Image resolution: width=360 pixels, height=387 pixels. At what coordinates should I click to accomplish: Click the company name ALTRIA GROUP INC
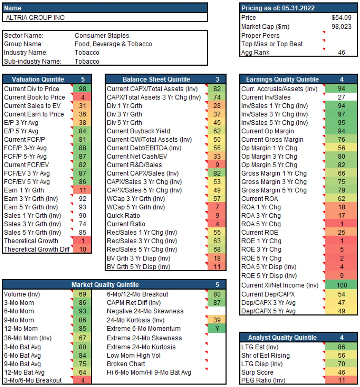point(35,18)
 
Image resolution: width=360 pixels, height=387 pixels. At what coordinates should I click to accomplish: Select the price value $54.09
point(341,18)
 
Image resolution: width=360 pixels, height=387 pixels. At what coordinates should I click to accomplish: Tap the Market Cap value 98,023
point(341,27)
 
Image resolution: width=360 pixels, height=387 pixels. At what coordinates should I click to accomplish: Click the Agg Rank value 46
point(341,52)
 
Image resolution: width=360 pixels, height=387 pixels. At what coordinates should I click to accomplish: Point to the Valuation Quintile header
point(38,79)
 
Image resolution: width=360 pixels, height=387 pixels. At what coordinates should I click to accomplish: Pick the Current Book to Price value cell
point(83,97)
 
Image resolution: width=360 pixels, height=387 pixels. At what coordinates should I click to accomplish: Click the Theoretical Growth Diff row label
point(37,249)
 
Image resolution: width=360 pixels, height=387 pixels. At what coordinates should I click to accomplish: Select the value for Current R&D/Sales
point(217,165)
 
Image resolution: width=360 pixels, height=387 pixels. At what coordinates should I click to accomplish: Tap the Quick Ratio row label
point(123,216)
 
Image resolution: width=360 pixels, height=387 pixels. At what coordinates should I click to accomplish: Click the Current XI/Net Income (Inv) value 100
point(342,285)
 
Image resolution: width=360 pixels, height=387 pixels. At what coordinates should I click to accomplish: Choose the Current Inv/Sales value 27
point(342,97)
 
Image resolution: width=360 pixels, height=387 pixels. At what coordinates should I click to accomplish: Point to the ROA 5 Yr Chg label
point(261,224)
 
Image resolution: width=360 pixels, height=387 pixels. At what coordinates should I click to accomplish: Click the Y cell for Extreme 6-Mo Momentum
point(217,329)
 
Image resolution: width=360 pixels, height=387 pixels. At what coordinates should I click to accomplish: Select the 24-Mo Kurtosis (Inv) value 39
point(217,320)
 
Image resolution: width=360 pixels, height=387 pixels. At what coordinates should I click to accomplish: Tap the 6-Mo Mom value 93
point(83,311)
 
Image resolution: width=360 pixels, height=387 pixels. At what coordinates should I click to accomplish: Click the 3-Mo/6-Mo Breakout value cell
point(83,380)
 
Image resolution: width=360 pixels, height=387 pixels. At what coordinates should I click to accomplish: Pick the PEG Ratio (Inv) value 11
point(342,380)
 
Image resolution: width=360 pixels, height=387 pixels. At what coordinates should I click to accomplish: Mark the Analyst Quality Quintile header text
point(282,338)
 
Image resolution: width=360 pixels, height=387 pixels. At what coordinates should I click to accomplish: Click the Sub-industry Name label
point(33,61)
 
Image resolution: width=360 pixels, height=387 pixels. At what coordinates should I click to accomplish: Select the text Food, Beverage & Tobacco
point(113,44)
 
